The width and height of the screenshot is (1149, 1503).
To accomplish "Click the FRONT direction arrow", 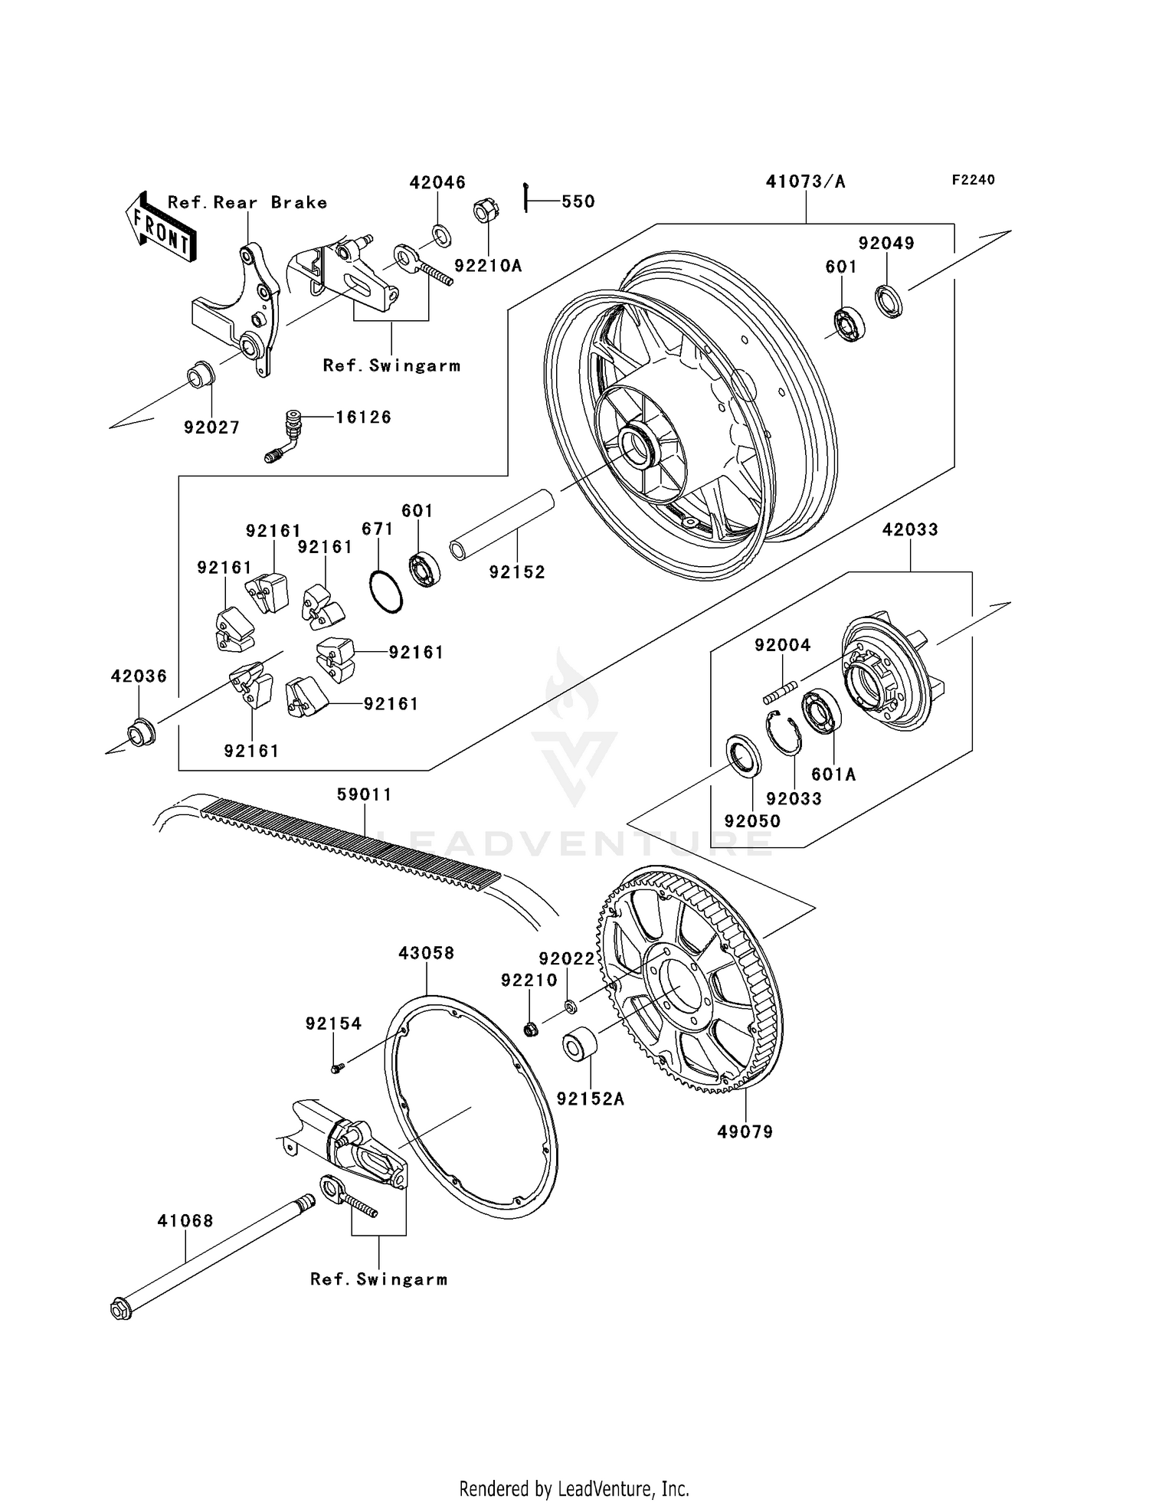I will [x=161, y=228].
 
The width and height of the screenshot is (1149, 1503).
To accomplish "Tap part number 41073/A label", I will [x=806, y=182].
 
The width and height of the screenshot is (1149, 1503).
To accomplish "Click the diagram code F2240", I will [x=973, y=180].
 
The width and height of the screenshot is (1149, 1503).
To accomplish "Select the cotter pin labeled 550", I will [x=527, y=198].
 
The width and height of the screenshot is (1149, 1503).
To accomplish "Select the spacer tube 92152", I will [x=502, y=524].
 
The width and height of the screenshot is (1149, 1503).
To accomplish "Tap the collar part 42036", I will [x=141, y=732].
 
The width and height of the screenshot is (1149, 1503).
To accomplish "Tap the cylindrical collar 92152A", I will [x=580, y=1046].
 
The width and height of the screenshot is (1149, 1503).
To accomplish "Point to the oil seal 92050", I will [x=744, y=755].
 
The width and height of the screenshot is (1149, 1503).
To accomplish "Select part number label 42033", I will [x=910, y=529].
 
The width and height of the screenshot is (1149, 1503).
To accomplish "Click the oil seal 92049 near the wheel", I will [x=889, y=300].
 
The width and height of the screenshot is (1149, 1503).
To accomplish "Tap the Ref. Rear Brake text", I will [x=247, y=202].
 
